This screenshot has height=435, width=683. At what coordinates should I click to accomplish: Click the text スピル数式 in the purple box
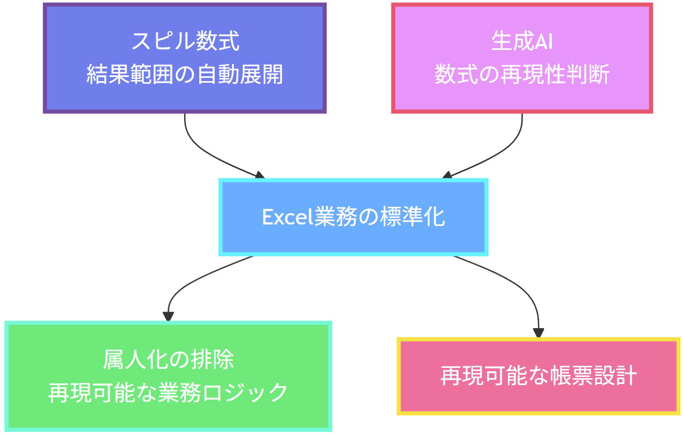pyautogui.click(x=185, y=41)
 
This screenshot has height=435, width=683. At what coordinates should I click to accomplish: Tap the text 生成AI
pyautogui.click(x=522, y=41)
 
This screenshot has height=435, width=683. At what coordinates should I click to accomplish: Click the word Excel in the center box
pyautogui.click(x=284, y=218)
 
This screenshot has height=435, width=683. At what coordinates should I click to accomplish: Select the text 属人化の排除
pyautogui.click(x=169, y=359)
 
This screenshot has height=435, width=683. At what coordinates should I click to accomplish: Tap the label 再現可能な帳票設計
pyautogui.click(x=539, y=376)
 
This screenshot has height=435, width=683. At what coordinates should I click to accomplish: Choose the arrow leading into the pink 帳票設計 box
pyautogui.click(x=521, y=285)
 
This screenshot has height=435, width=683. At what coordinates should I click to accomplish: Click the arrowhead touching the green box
pyautogui.click(x=169, y=317)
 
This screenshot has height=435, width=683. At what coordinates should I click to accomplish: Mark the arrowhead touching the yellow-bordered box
pyautogui.click(x=539, y=334)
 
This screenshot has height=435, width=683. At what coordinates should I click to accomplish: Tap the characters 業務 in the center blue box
pyautogui.click(x=329, y=218)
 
